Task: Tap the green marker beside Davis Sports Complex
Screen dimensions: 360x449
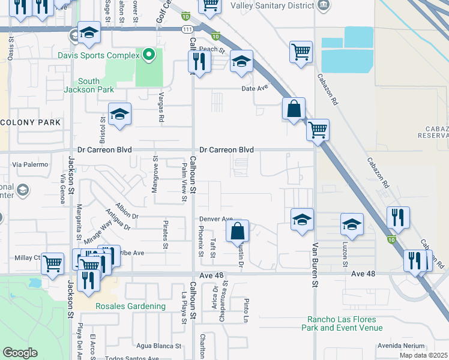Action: (x=149, y=56)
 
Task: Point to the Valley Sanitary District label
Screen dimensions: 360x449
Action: (x=274, y=5)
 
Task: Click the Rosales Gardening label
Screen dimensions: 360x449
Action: (x=130, y=306)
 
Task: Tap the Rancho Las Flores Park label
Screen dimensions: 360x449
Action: (x=345, y=323)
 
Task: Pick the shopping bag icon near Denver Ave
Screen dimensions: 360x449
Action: (x=238, y=230)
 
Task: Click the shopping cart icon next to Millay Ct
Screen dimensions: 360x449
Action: (x=52, y=262)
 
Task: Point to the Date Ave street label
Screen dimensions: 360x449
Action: (x=254, y=88)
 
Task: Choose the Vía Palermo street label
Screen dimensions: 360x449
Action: (x=25, y=164)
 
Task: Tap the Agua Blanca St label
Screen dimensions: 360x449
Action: (x=158, y=346)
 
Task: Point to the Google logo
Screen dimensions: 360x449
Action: (x=20, y=353)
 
